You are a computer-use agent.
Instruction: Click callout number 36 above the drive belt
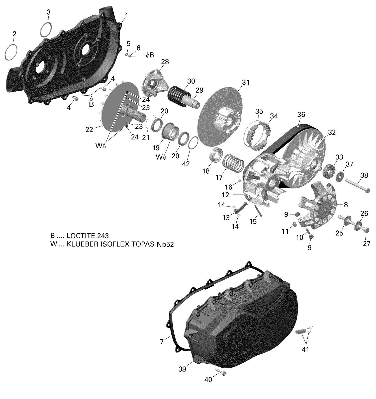[x=301, y=115]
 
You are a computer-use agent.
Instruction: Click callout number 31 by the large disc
[x=246, y=82]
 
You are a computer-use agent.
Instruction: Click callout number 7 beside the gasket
[x=162, y=342]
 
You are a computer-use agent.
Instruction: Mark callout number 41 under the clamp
[x=305, y=349]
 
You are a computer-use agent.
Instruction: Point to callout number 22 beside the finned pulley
[x=89, y=129]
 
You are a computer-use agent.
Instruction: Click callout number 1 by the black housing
[x=126, y=16]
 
